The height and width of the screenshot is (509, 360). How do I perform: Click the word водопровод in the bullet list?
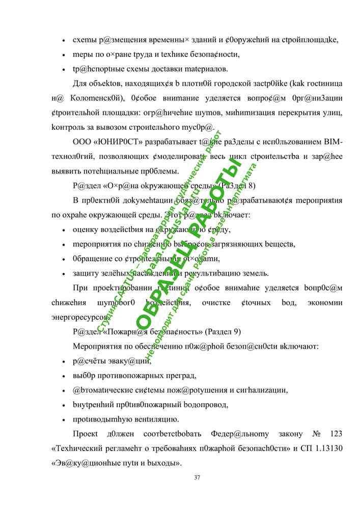click(204, 405)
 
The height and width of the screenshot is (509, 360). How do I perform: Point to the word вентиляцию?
click(154, 420)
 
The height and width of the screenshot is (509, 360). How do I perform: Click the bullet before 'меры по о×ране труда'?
click(63, 54)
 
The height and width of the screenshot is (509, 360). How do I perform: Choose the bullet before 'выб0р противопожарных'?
click(63, 376)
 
